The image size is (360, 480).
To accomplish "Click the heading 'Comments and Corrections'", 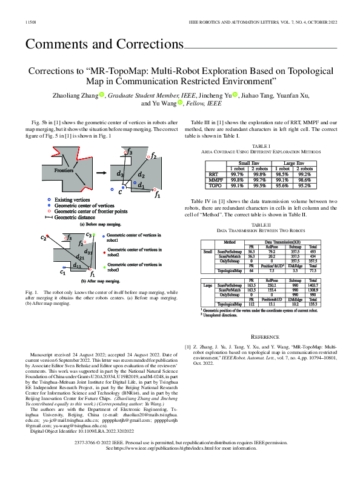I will click(104, 44).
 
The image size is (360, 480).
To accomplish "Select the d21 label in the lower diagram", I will click(77, 257).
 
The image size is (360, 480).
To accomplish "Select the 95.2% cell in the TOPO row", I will click(304, 185).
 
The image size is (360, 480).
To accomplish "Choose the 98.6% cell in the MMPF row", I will click(304, 180).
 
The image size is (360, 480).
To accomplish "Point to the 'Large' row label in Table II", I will click(207, 285).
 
